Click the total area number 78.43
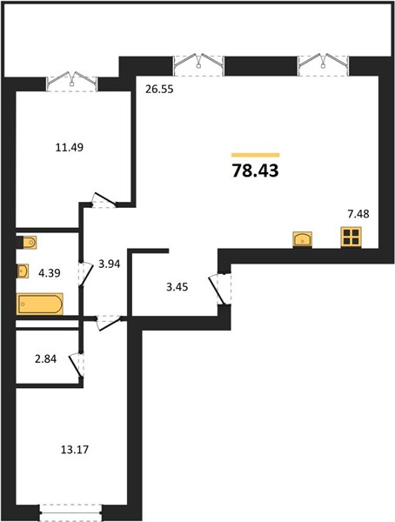tap(255, 171)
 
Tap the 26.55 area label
tap(159, 90)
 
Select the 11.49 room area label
tap(70, 147)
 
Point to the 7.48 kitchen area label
tap(358, 214)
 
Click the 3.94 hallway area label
tap(110, 264)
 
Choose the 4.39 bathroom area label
tap(50, 273)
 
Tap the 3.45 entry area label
tap(177, 286)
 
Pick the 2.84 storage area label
tap(45, 359)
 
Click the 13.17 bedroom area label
tap(75, 450)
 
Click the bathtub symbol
tap(40, 304)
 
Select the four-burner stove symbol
tap(351, 237)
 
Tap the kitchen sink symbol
tap(303, 240)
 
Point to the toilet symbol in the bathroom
tap(30, 243)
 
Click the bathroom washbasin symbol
tap(23, 271)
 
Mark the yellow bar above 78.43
tap(256, 155)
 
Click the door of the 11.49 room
tap(105, 199)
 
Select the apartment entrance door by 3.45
tap(216, 289)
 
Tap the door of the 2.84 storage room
tap(76, 366)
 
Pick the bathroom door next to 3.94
tap(86, 275)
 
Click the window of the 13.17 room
tap(70, 513)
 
